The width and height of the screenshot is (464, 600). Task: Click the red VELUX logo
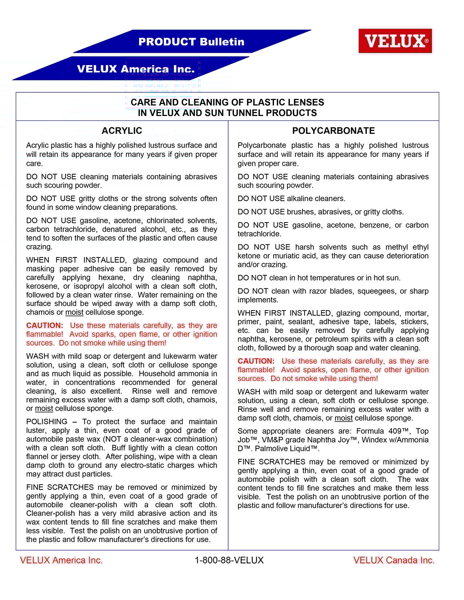coord(395,41)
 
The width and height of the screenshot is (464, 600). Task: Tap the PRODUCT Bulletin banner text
coord(191,42)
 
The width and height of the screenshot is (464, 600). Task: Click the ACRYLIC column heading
coord(122,131)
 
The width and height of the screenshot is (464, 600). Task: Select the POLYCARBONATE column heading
coord(333,131)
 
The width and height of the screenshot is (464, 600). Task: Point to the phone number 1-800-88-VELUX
coord(229,560)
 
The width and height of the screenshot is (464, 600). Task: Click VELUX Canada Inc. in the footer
coord(394,560)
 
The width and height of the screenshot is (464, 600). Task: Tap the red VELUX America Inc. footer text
coord(61,560)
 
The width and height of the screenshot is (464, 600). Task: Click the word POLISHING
coord(47,422)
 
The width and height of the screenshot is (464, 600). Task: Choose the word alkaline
coord(302,199)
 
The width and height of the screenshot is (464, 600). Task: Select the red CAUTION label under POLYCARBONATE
coord(256,361)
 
